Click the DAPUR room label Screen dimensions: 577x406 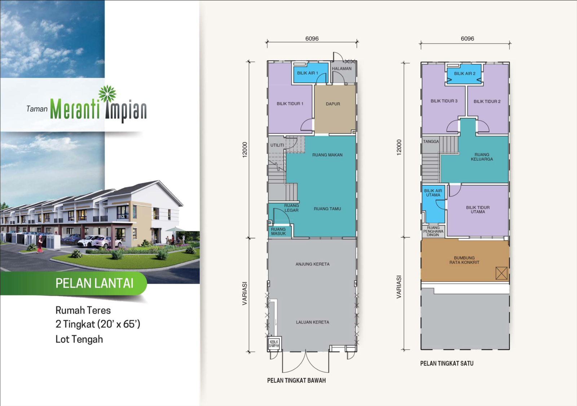pos(333,104)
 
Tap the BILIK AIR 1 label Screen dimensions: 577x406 pos(308,73)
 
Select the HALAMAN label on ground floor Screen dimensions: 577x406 pos(342,69)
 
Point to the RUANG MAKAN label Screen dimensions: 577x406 pos(327,155)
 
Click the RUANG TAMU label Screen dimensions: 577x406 pos(327,209)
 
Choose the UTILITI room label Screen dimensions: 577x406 pos(277,145)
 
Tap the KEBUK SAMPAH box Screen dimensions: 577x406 pos(274,344)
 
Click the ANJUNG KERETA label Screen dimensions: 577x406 pos(312,264)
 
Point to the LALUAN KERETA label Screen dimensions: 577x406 pos(312,322)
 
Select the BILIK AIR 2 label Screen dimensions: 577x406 pos(465,74)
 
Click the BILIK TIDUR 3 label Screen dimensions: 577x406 pos(444,101)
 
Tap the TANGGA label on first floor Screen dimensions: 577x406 pos(431,141)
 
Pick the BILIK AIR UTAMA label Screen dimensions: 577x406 pos(433,193)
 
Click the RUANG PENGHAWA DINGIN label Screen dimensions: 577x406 pos(433,231)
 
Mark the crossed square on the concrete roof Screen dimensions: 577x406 pos(501,273)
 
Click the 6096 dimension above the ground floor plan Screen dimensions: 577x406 pos(312,39)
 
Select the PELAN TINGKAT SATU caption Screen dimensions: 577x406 pos(447,363)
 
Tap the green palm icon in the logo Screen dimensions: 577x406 pos(107,93)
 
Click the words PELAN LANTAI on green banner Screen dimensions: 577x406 pos(94,283)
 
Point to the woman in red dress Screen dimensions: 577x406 pos(40,244)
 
